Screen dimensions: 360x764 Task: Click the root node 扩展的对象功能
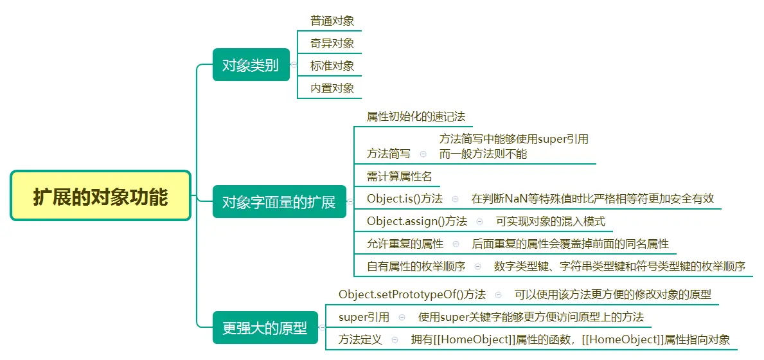point(100,195)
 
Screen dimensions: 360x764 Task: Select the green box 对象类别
point(250,65)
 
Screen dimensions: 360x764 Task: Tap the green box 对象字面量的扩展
point(279,202)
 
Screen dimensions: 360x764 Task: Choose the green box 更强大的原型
point(265,328)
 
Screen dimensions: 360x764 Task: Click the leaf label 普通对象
point(332,21)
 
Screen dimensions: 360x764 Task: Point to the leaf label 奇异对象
point(332,43)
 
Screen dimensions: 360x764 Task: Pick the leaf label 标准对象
point(332,66)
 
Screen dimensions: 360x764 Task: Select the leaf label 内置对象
point(332,88)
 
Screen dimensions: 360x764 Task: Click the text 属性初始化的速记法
point(416,117)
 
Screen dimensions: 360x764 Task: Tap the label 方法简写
point(389,154)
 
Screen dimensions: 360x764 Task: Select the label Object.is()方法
point(405,199)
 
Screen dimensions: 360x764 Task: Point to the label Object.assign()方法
point(417,221)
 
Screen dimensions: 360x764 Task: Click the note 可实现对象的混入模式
point(551,221)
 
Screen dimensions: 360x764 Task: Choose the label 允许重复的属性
point(405,244)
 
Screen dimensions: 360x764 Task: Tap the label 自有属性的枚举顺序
point(416,266)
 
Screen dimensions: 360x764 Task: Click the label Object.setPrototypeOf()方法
point(413,294)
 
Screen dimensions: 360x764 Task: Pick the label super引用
point(364,317)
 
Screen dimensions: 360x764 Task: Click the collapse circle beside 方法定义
point(395,339)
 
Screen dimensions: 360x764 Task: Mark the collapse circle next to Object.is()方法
point(456,199)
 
